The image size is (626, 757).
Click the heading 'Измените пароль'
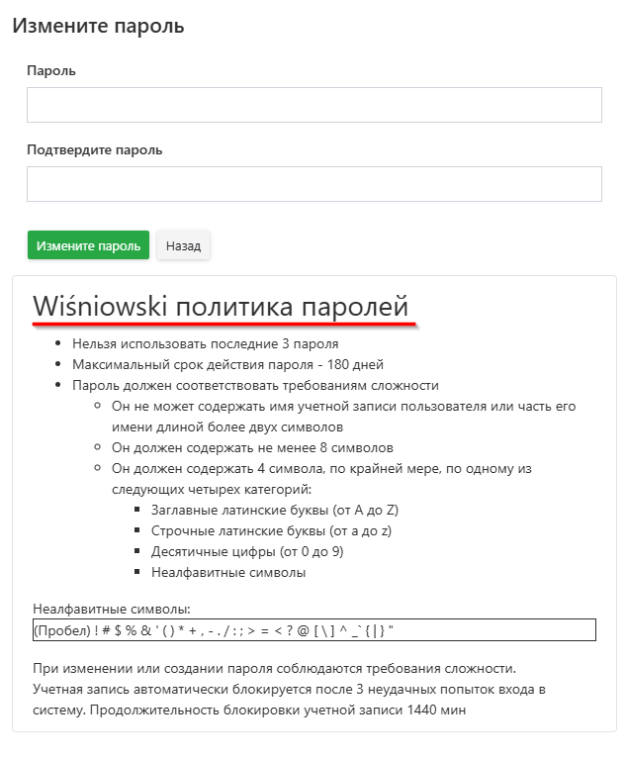pyautogui.click(x=98, y=26)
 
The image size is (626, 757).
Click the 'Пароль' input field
pyautogui.click(x=313, y=105)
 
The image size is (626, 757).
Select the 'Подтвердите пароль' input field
pyautogui.click(x=313, y=184)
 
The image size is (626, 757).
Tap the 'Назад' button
pyautogui.click(x=183, y=245)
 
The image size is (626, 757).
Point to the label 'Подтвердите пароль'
pyautogui.click(x=94, y=150)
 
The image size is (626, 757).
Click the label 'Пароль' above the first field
pyautogui.click(x=51, y=71)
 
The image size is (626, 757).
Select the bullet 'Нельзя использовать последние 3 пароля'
pyautogui.click(x=205, y=344)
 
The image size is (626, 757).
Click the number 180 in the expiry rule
pyautogui.click(x=318, y=364)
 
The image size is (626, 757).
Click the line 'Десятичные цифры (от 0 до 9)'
pyautogui.click(x=247, y=551)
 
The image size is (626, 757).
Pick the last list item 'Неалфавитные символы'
pyautogui.click(x=228, y=572)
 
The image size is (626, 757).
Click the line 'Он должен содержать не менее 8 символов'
pyautogui.click(x=252, y=447)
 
